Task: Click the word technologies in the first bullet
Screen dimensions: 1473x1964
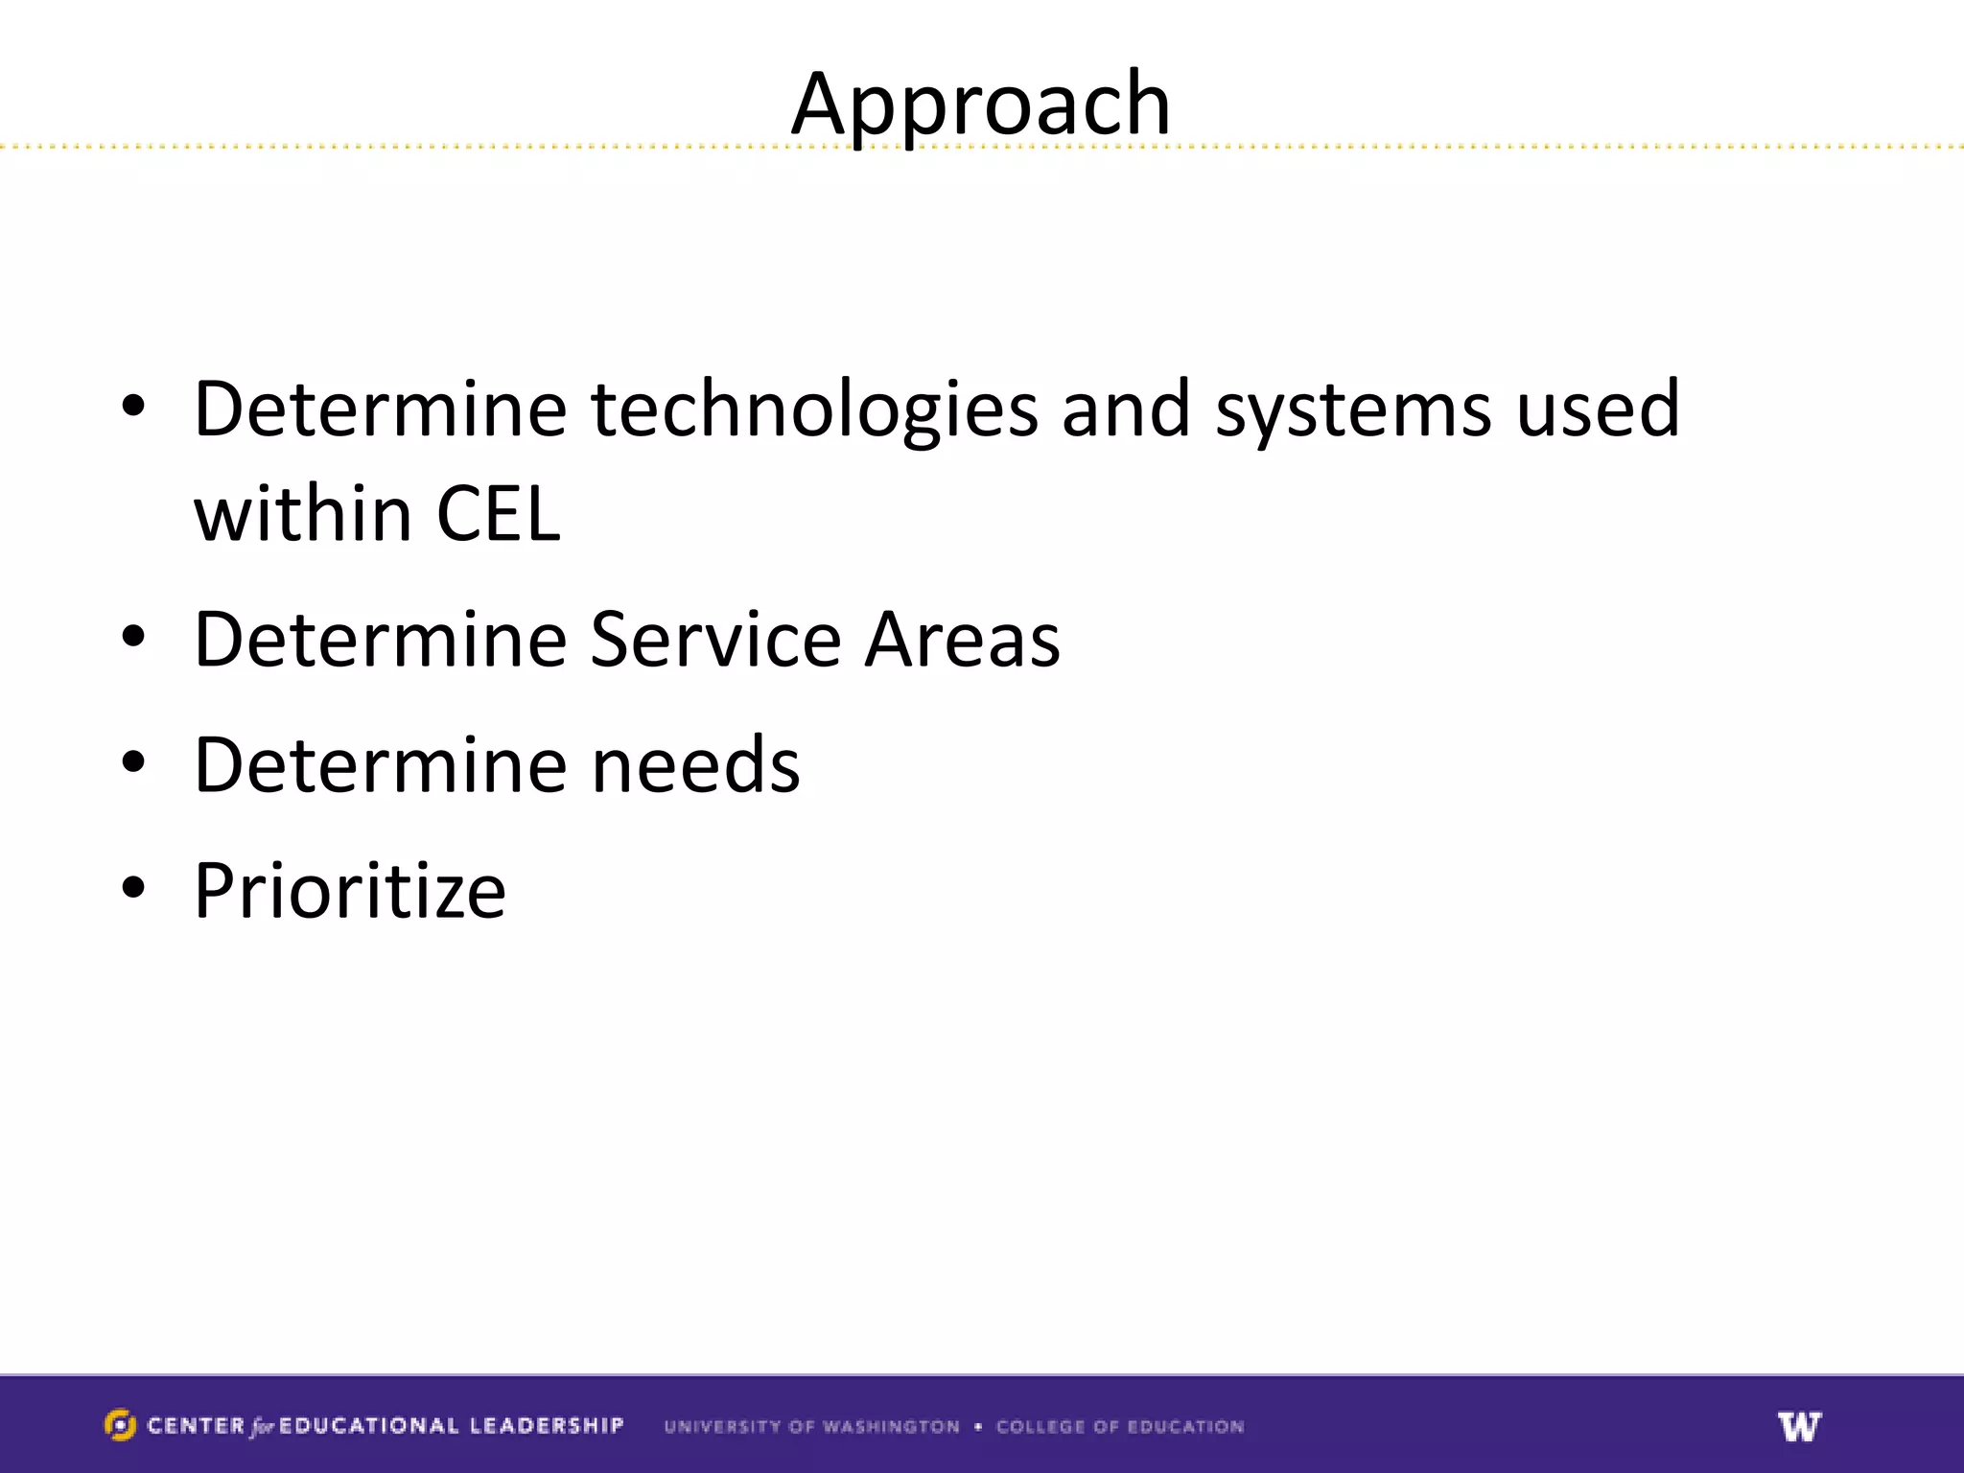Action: [x=814, y=410]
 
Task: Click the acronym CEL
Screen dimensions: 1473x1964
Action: [x=498, y=514]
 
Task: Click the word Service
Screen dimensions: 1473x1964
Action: [x=715, y=640]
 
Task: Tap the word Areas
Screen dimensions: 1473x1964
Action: [x=962, y=640]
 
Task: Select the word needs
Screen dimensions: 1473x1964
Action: [x=695, y=765]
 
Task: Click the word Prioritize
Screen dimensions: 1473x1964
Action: [x=350, y=891]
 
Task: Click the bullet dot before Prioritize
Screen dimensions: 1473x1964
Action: [x=133, y=887]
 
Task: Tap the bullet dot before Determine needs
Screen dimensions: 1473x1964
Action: [x=133, y=762]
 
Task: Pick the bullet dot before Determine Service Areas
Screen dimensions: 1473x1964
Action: [x=133, y=637]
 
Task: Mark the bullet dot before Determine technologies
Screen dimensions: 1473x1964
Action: [x=133, y=407]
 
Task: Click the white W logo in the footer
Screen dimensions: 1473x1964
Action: [x=1799, y=1426]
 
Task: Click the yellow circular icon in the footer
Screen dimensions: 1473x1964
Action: [x=120, y=1425]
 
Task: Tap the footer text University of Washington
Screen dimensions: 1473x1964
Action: [x=811, y=1427]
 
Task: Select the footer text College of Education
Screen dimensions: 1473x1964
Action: [x=1119, y=1427]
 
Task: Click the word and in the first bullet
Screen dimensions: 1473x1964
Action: [x=1126, y=410]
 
